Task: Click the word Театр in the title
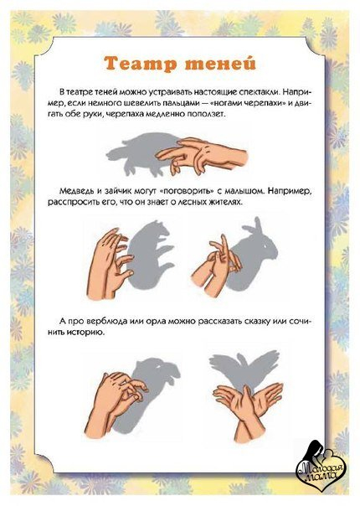coord(141,63)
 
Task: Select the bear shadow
coord(150,255)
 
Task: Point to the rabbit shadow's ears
coord(256,230)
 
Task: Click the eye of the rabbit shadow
coord(266,247)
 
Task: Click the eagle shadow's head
coord(244,359)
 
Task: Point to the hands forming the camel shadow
coord(116,404)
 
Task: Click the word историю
coord(86,333)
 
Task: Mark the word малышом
coord(243,191)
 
